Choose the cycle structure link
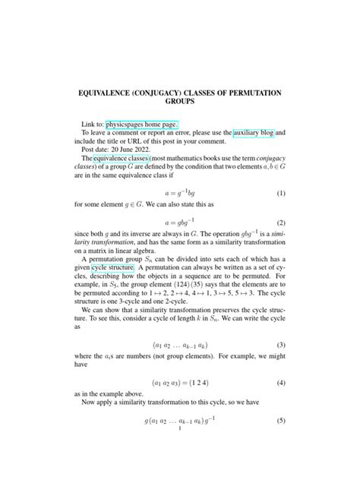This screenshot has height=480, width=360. [112, 268]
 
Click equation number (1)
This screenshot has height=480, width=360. [281, 194]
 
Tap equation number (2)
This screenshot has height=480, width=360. [281, 223]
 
